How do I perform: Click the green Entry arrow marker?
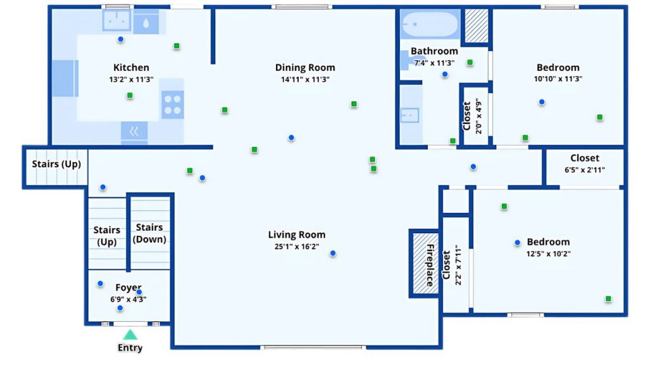point(130,335)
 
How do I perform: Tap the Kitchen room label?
point(131,68)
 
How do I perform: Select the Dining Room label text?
point(305,68)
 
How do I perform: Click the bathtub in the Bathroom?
point(430,25)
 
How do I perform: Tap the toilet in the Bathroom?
point(405,59)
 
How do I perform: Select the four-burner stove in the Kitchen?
point(172,104)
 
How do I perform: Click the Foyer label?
point(128,288)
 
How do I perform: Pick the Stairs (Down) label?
point(149,233)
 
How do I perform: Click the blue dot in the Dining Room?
point(291,138)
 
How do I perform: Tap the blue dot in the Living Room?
point(333,253)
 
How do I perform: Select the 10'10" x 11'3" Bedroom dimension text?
point(558,79)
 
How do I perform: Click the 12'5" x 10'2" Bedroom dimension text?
point(548,253)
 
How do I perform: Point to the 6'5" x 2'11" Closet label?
point(584,170)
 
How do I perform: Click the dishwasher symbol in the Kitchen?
point(134,132)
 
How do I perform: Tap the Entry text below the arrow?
point(130,348)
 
